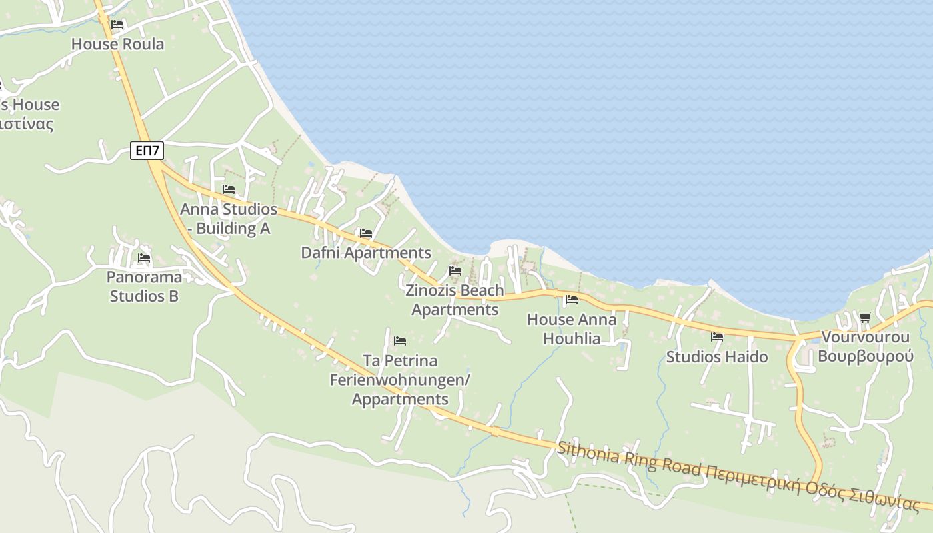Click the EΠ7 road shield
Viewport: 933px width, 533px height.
pyautogui.click(x=147, y=151)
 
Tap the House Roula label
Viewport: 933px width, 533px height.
pyautogui.click(x=117, y=44)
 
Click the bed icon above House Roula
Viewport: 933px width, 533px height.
pyautogui.click(x=117, y=25)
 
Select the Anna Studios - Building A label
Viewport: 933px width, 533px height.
pyautogui.click(x=229, y=219)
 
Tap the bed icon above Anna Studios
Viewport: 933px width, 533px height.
pyautogui.click(x=229, y=189)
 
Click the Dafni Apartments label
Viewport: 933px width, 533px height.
pyautogui.click(x=366, y=253)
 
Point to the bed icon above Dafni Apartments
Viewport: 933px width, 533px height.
pyautogui.click(x=365, y=233)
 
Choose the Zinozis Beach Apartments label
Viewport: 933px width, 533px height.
pyautogui.click(x=455, y=300)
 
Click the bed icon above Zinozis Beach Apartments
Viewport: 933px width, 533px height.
pyautogui.click(x=455, y=271)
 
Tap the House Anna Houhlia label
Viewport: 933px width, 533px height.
pyautogui.click(x=572, y=329)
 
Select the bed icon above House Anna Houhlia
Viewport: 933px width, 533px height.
pyautogui.click(x=571, y=300)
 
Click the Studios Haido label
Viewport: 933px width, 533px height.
pyautogui.click(x=717, y=357)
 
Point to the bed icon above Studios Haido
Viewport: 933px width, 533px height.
pyautogui.click(x=717, y=337)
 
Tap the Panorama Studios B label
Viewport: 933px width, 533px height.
pyautogui.click(x=144, y=286)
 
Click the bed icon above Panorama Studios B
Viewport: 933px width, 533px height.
pyautogui.click(x=144, y=258)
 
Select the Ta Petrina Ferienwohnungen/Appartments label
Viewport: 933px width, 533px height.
pyautogui.click(x=400, y=380)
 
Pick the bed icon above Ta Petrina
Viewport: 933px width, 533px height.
pyautogui.click(x=400, y=341)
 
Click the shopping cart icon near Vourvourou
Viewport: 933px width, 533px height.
pyautogui.click(x=865, y=318)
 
